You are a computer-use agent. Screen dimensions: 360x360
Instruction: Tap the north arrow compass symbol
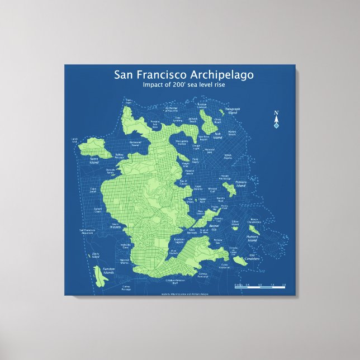click(x=276, y=119)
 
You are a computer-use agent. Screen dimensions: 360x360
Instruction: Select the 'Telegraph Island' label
click(x=231, y=111)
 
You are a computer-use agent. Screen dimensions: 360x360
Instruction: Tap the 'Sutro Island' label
click(x=94, y=159)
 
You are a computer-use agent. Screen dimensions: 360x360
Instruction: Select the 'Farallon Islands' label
click(x=108, y=271)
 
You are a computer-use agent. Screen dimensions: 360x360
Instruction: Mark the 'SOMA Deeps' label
click(x=228, y=157)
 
